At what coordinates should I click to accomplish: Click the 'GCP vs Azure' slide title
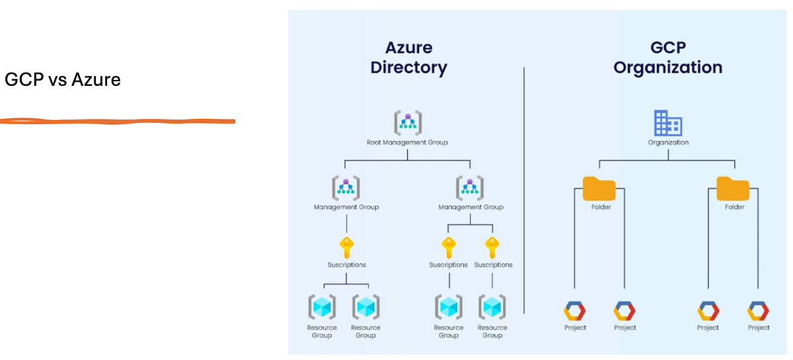click(63, 81)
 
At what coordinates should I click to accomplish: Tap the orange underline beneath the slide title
click(118, 121)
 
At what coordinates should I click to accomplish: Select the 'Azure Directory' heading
click(408, 57)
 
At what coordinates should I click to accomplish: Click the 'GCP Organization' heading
click(667, 57)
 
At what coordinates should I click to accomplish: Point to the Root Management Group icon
click(408, 123)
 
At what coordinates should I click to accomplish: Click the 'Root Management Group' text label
click(408, 142)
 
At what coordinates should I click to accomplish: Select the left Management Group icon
click(346, 188)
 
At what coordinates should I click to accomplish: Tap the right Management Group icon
click(470, 188)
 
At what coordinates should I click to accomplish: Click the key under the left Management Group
click(346, 248)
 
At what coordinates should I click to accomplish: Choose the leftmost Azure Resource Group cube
click(322, 307)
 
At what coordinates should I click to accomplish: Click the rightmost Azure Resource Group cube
click(492, 307)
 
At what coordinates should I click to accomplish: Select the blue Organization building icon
click(667, 124)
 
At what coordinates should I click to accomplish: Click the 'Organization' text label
click(667, 143)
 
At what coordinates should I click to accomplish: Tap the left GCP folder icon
click(599, 188)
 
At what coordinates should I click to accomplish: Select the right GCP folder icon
click(733, 188)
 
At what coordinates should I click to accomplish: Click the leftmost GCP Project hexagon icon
click(575, 310)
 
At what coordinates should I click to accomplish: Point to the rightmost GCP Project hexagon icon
click(758, 310)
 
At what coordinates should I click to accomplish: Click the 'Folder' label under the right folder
click(734, 207)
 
